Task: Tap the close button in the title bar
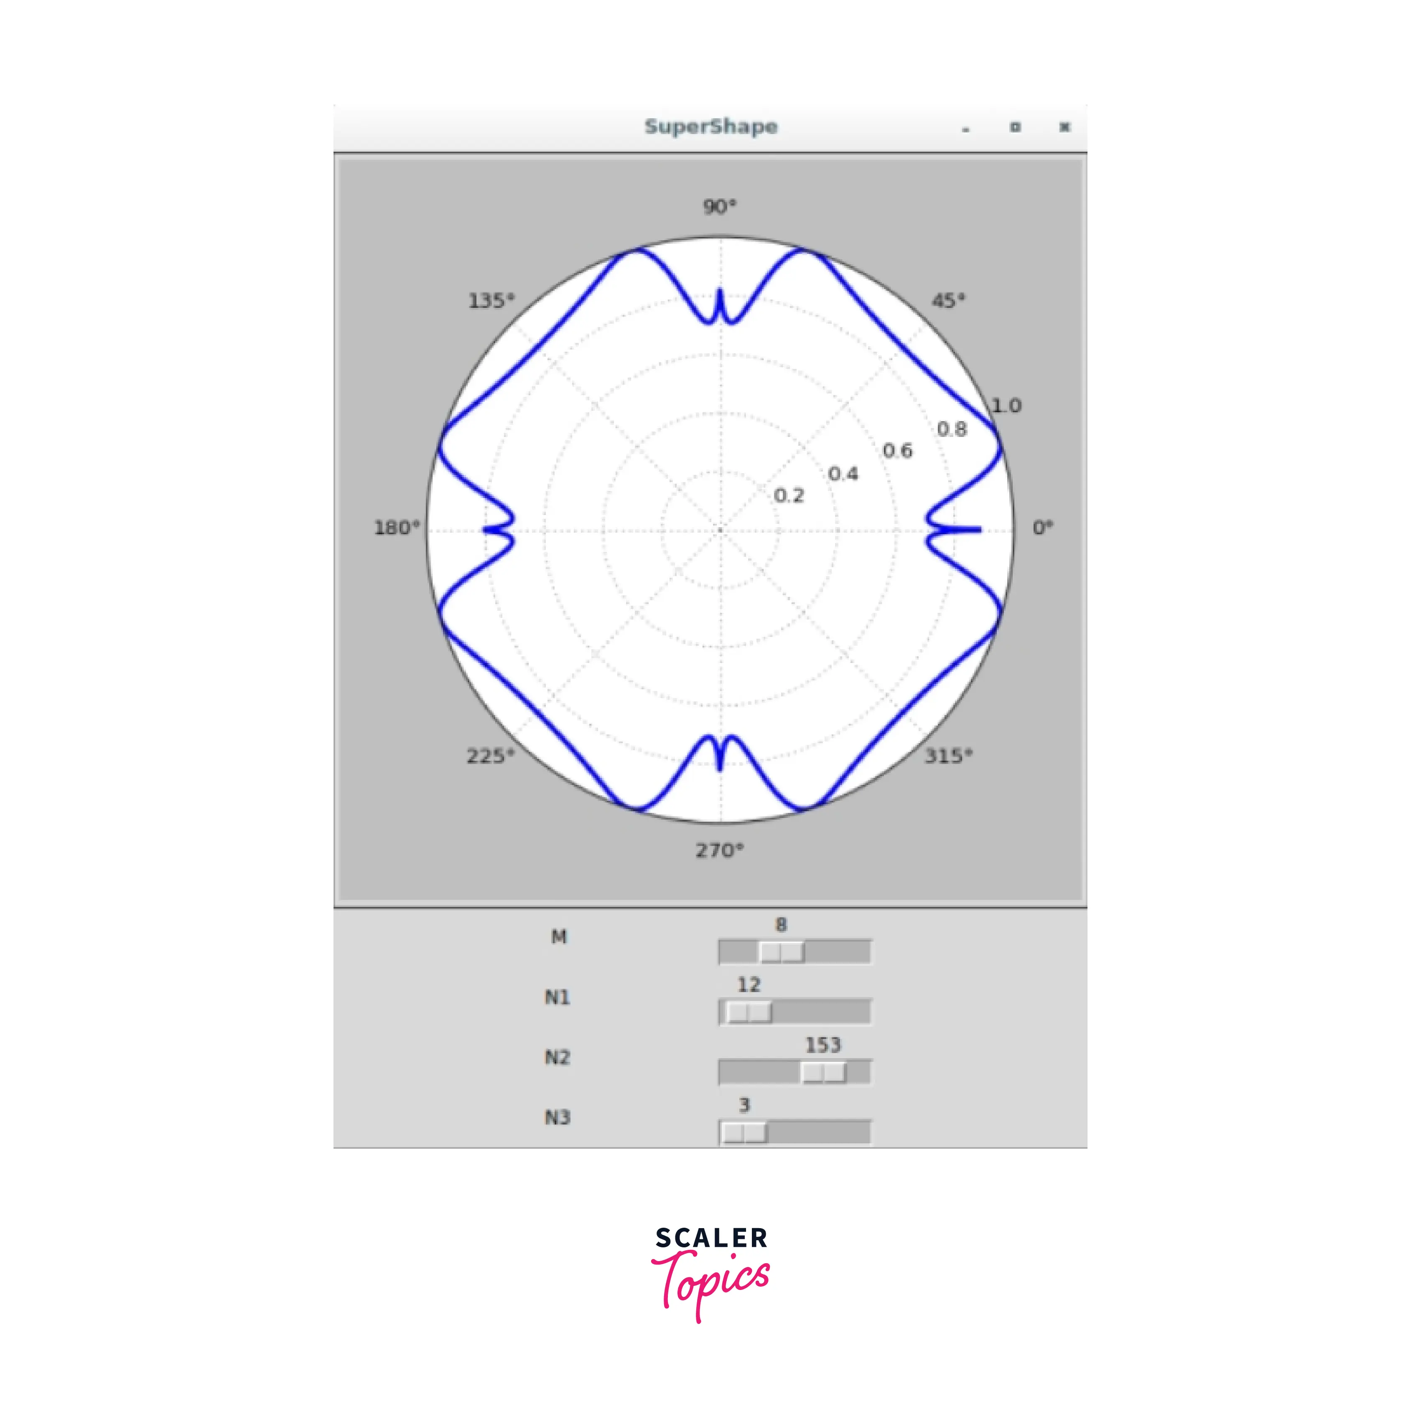(1064, 127)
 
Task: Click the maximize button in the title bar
(1015, 127)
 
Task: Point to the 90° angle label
(719, 206)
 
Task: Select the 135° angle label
(492, 301)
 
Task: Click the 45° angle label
(948, 301)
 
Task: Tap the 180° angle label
(397, 528)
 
